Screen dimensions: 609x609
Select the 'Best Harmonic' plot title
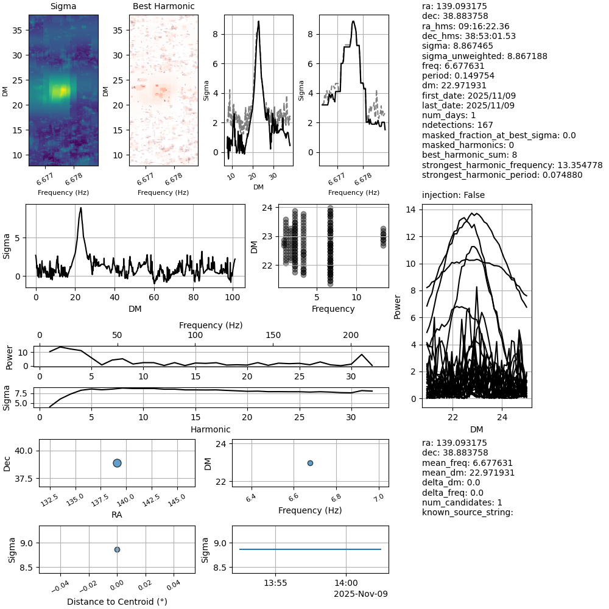coord(163,7)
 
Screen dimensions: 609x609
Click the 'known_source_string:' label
coord(468,512)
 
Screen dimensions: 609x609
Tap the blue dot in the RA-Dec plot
coord(117,463)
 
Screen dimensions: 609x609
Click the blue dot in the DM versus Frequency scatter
coord(310,463)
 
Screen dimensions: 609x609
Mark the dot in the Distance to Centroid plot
coord(117,549)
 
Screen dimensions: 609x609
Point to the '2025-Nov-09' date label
coord(361,594)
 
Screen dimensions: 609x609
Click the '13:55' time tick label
coord(275,583)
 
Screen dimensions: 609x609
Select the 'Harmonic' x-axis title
coord(211,429)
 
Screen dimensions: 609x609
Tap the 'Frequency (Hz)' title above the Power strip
coord(211,325)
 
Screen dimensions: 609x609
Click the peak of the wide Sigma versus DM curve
coord(80,208)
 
